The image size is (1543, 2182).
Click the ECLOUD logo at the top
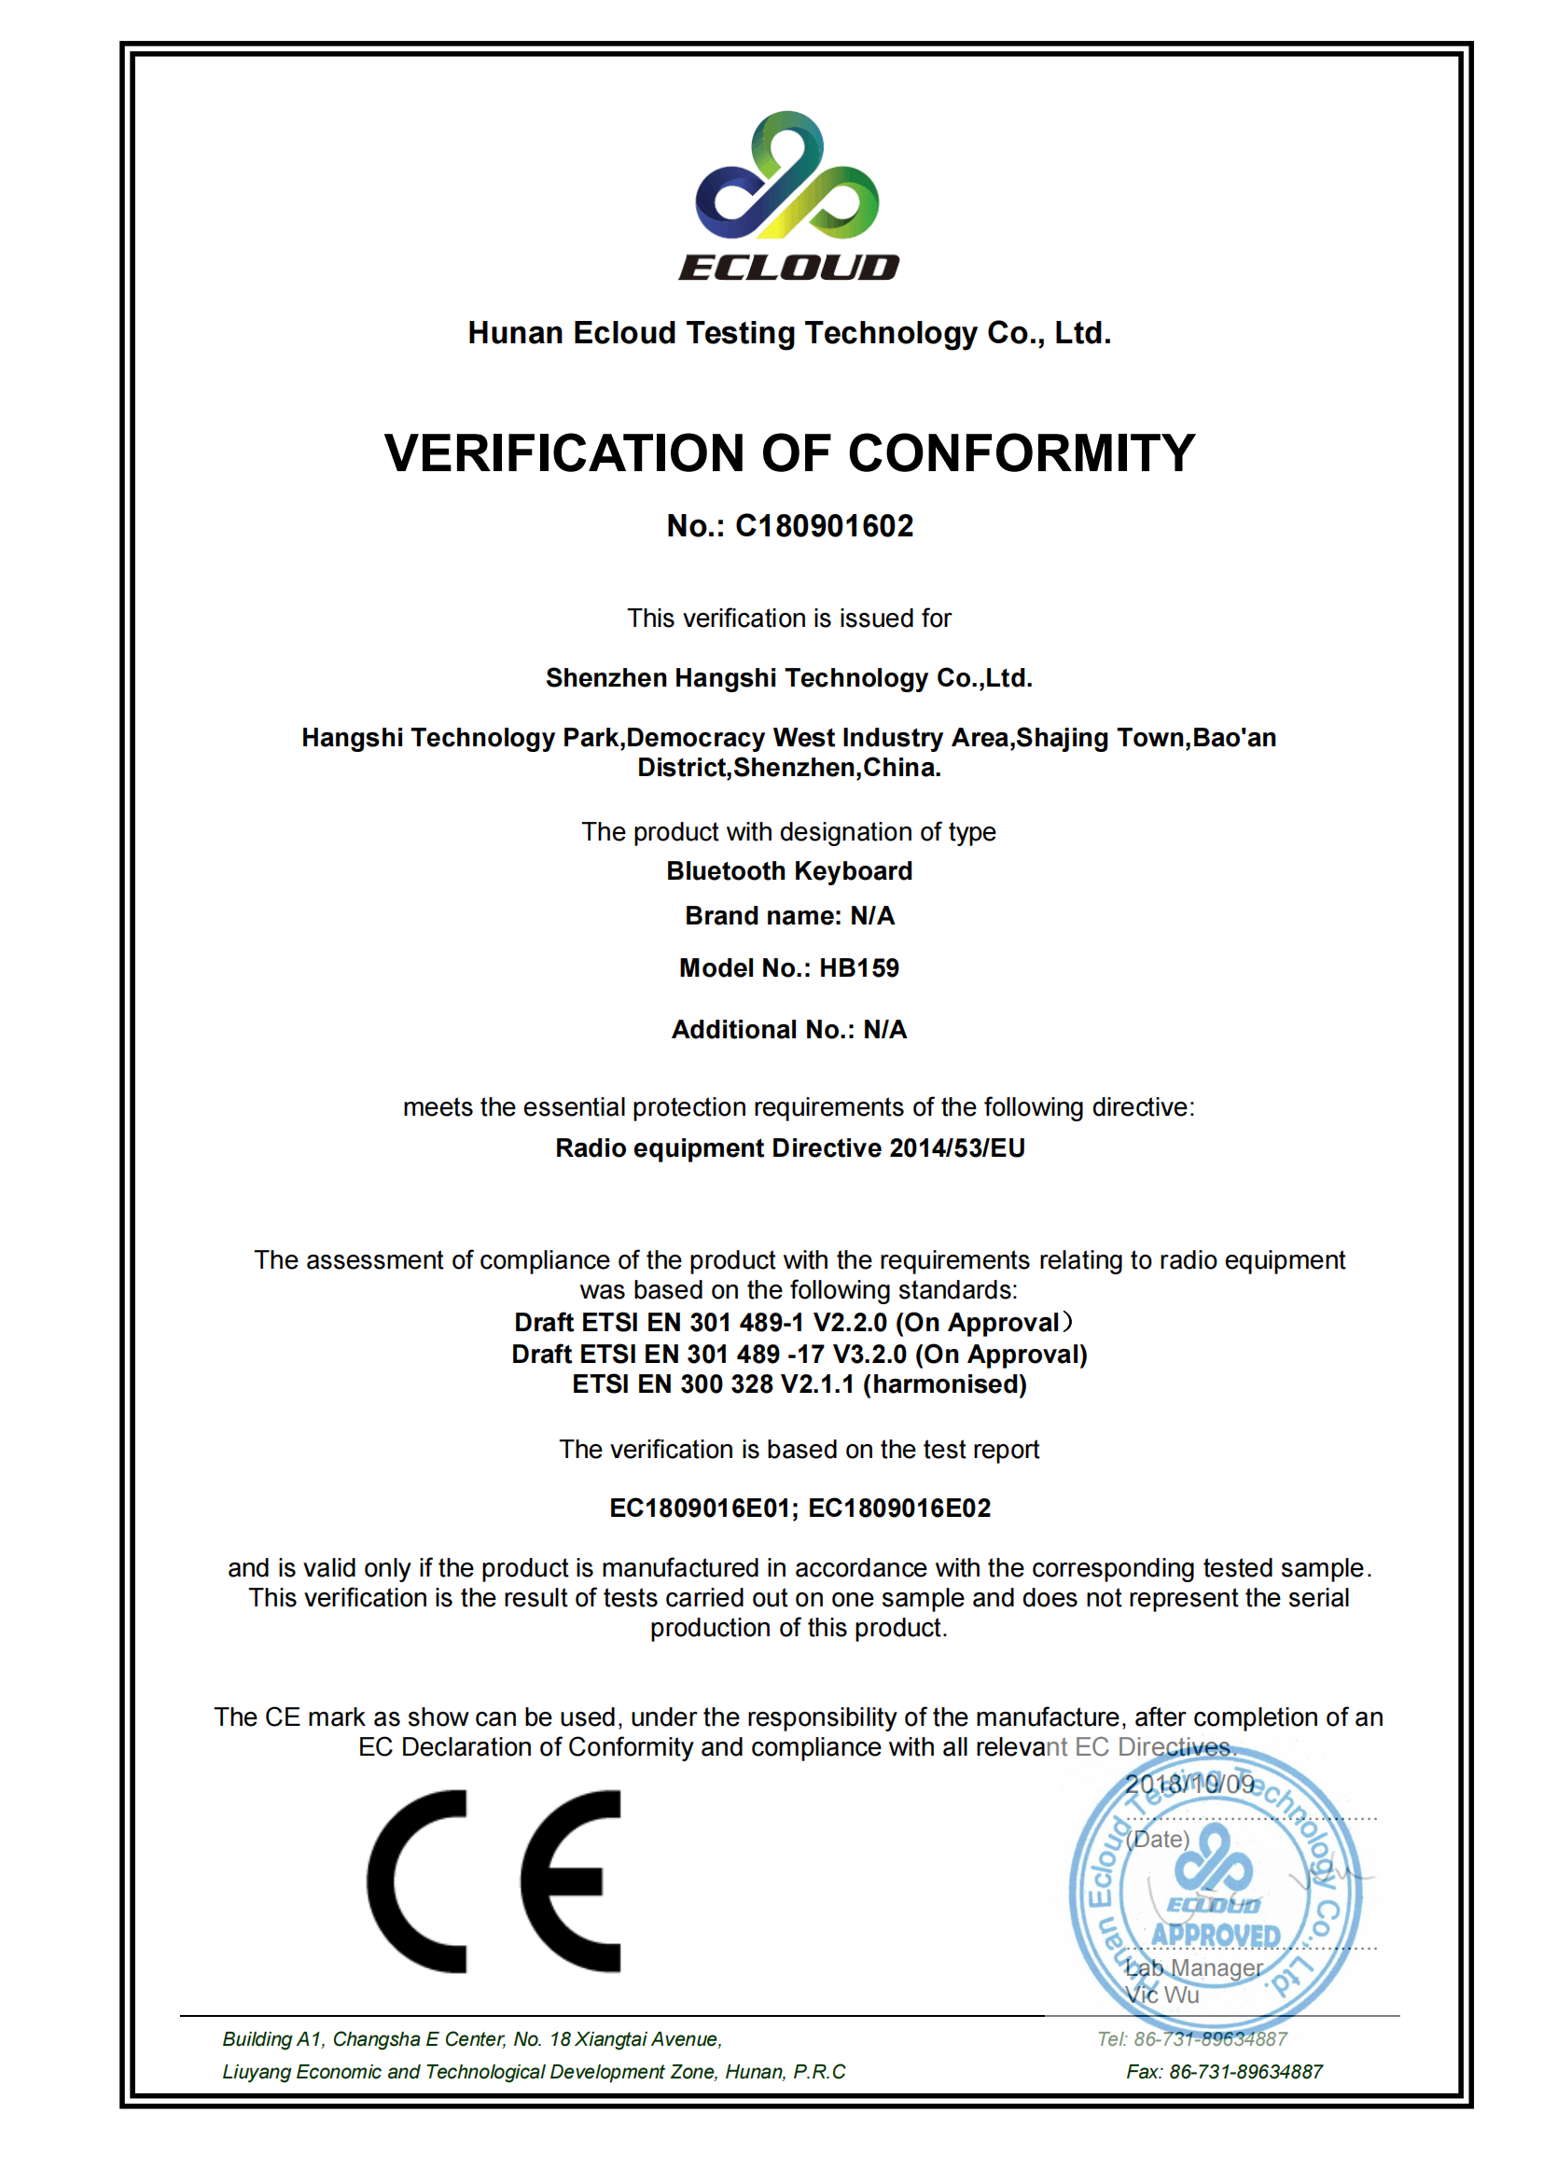tap(787, 195)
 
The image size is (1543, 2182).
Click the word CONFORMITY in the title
tap(1022, 452)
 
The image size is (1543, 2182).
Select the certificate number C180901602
tap(824, 525)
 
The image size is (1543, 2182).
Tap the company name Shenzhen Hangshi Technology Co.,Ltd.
tap(788, 677)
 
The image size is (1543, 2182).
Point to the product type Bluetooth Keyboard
tap(788, 870)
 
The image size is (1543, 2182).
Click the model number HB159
tap(859, 967)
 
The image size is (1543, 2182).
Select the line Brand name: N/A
tap(788, 915)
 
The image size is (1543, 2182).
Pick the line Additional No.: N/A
tap(788, 1029)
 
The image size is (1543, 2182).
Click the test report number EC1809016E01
tap(701, 1508)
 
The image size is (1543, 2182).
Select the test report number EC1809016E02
tap(898, 1508)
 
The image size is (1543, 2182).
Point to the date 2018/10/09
tap(1189, 1784)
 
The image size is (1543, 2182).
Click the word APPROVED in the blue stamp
tap(1216, 1935)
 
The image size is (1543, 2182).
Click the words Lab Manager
tap(1193, 1967)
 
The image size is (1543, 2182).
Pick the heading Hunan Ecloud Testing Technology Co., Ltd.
tap(788, 333)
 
